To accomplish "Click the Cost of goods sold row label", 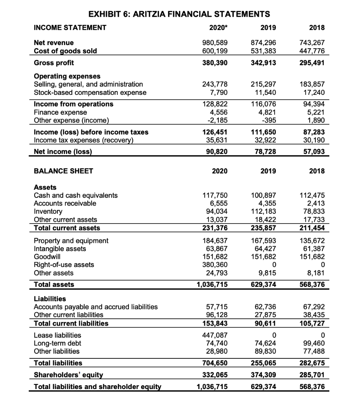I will click(66, 51).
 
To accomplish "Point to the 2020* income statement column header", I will click(217, 27).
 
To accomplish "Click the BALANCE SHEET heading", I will click(64, 171).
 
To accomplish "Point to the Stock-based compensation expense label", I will click(90, 93).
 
